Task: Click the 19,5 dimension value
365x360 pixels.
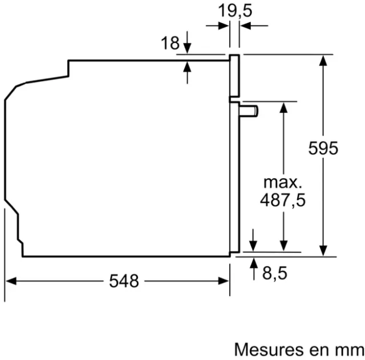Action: (235, 11)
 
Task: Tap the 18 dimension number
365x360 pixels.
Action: (170, 43)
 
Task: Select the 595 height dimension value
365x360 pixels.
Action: (323, 148)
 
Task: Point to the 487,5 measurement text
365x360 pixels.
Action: (283, 200)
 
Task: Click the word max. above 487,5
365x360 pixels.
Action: (283, 182)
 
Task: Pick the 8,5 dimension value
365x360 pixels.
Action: (275, 273)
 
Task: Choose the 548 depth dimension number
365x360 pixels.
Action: (124, 281)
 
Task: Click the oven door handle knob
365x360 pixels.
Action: (249, 111)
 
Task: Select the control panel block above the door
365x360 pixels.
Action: (234, 76)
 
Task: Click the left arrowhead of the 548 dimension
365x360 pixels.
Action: (11, 281)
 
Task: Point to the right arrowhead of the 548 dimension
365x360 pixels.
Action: (223, 281)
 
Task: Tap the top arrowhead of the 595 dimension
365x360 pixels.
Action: (323, 61)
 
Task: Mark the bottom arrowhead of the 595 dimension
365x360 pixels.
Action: (323, 251)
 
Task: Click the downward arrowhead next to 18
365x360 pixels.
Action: (187, 48)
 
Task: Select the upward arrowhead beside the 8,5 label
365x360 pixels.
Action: (254, 263)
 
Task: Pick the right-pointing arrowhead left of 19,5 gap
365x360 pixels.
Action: (224, 26)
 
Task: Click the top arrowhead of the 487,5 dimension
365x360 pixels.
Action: (283, 108)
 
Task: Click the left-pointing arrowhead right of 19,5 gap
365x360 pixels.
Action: (246, 26)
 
